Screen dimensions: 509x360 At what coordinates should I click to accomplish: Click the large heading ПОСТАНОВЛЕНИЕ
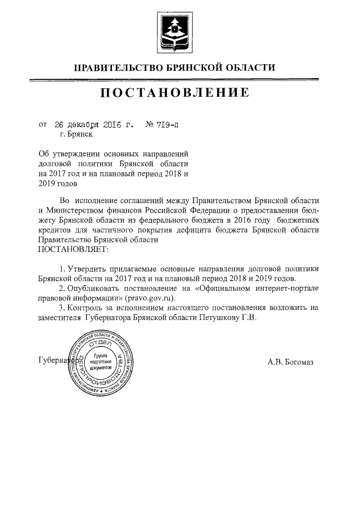point(175,93)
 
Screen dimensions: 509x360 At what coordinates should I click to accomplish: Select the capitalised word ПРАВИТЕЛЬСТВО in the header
point(117,68)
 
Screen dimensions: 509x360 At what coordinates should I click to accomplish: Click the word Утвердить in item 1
point(85,268)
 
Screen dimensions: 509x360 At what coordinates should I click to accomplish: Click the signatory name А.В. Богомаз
point(291,361)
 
